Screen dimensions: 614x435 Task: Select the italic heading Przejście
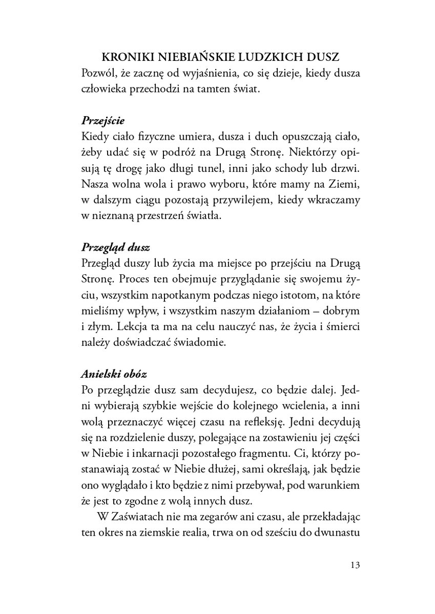(103, 122)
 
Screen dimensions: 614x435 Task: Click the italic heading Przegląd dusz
(115, 248)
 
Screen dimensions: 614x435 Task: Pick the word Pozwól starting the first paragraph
(99, 74)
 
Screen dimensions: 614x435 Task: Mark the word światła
(206, 216)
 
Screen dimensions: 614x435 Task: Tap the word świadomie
(202, 342)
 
